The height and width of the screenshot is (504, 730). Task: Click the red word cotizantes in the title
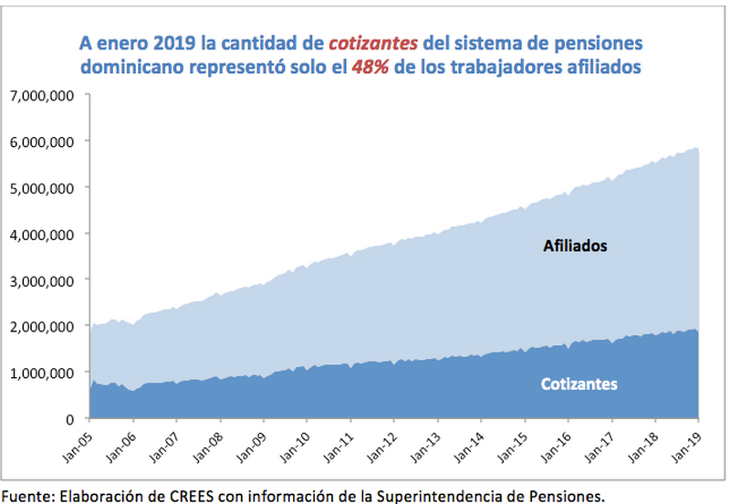[375, 43]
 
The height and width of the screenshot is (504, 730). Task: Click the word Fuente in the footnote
[26, 496]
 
